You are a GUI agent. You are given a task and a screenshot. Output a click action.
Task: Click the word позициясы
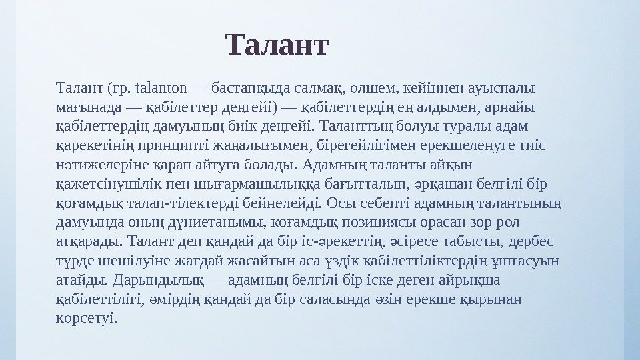tap(383, 221)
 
